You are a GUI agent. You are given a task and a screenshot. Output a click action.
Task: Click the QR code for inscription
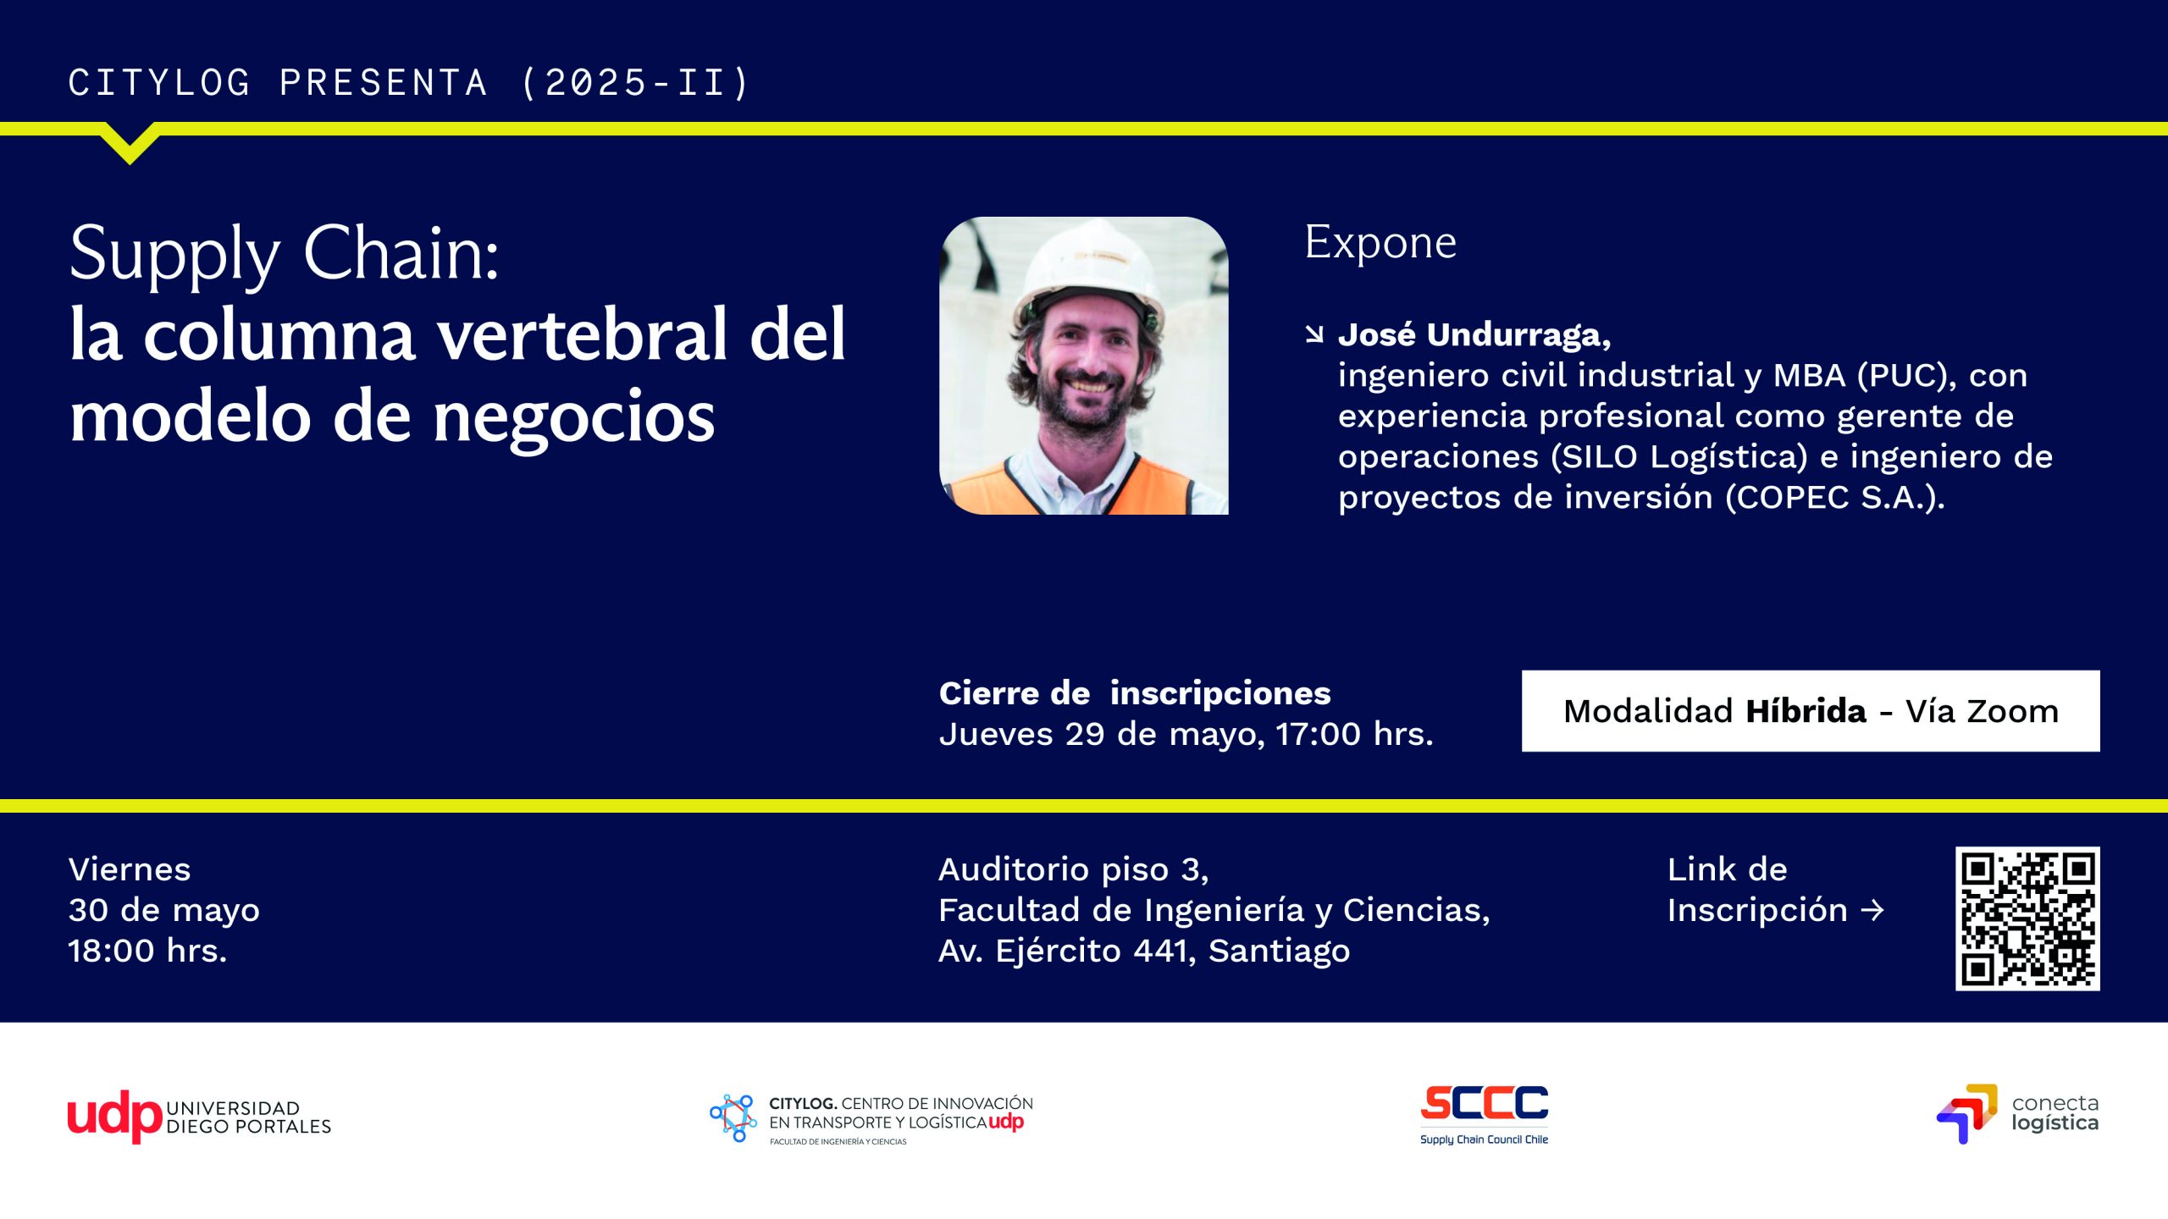tap(2027, 918)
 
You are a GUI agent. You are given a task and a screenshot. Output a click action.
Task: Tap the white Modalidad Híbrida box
tap(1810, 711)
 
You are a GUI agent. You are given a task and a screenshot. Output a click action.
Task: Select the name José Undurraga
tap(1474, 335)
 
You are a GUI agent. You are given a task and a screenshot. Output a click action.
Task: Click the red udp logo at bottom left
tap(114, 1116)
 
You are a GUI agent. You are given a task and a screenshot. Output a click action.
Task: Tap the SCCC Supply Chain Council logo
tap(1484, 1113)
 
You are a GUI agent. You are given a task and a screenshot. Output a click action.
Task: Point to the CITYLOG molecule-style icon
tap(733, 1117)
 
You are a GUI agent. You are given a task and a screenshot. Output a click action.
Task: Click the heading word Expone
tap(1380, 243)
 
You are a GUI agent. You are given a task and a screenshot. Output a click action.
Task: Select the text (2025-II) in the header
tap(635, 83)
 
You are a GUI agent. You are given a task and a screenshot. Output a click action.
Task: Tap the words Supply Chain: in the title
tap(285, 253)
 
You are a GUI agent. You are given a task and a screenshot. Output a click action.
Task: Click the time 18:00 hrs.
tap(147, 951)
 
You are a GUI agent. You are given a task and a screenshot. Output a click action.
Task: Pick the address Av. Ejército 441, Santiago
tap(1143, 951)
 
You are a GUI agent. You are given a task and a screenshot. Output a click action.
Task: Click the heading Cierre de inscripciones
tap(1135, 693)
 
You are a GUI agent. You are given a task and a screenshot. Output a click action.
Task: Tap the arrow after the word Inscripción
tap(1872, 911)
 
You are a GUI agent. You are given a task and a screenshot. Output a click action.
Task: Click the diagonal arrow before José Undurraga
tap(1314, 335)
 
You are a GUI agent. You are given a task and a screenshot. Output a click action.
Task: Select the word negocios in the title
tap(573, 417)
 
